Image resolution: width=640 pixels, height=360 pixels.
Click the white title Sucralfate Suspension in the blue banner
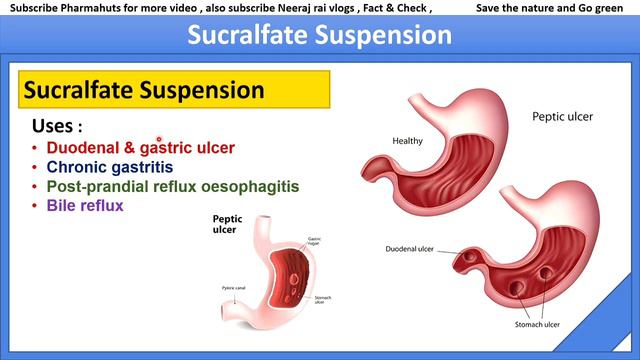click(x=320, y=35)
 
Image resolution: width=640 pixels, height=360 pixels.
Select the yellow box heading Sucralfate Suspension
click(x=144, y=91)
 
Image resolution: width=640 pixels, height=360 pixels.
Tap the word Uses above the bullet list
click(x=58, y=127)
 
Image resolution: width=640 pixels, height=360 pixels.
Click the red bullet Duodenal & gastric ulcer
click(x=140, y=148)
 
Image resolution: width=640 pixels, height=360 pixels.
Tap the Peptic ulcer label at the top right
click(x=562, y=117)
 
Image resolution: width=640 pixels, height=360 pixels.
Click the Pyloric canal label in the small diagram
click(x=235, y=288)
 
